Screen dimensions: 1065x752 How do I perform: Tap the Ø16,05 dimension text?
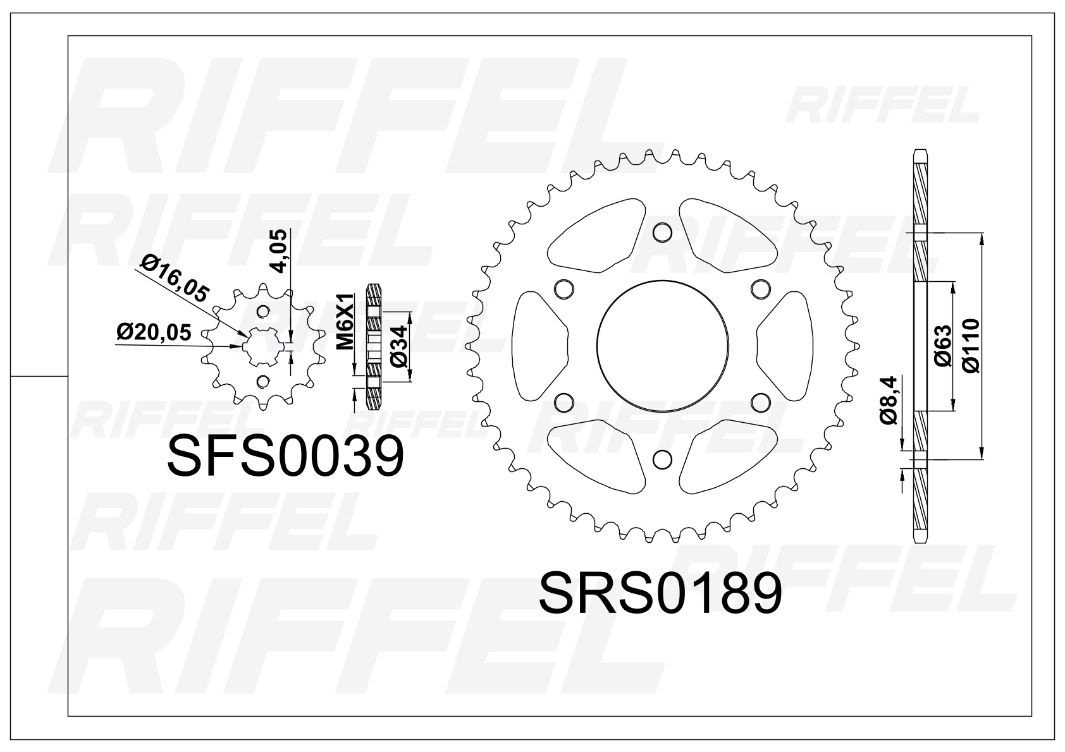point(175,279)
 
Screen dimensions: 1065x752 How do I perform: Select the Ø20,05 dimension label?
point(154,332)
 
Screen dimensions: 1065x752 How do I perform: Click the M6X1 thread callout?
point(346,322)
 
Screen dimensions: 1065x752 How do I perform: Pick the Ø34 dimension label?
point(399,346)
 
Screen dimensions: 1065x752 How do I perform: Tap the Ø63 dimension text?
point(943,346)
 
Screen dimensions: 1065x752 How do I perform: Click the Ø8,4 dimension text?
point(887,399)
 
